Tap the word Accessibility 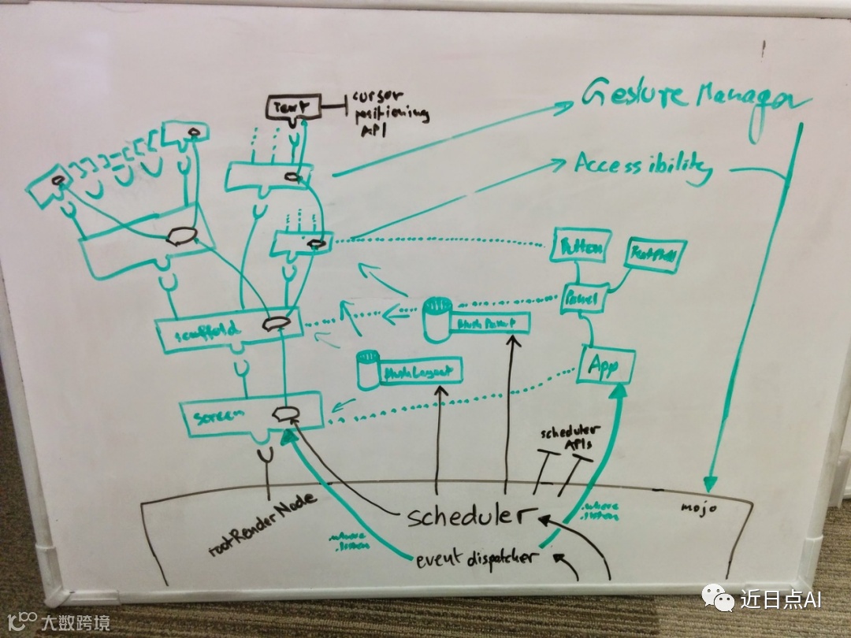pos(642,167)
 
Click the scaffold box pos(229,328)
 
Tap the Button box pos(582,249)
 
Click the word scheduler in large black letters pos(464,517)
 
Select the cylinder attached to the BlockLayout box pos(367,369)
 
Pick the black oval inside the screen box pos(284,414)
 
